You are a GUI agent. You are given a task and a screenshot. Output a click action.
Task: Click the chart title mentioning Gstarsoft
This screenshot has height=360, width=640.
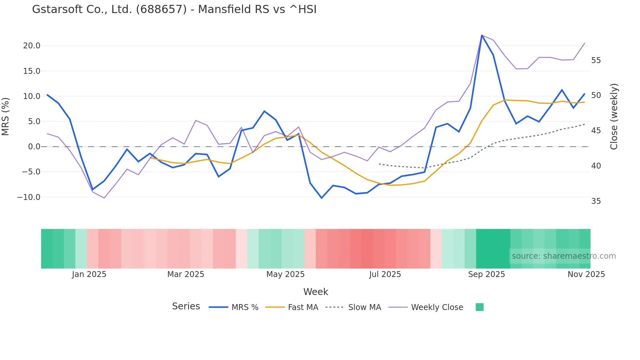click(x=174, y=9)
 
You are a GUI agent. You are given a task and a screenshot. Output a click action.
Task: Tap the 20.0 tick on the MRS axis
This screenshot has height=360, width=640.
click(x=32, y=46)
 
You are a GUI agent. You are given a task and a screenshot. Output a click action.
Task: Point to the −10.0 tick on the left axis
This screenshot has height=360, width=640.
click(x=29, y=197)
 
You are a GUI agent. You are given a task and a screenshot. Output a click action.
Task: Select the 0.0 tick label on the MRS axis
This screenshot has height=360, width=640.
click(x=34, y=147)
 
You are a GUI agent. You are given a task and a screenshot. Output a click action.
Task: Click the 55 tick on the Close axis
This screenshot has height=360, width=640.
click(x=596, y=60)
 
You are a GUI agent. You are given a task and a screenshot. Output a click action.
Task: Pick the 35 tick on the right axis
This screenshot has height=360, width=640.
click(x=596, y=201)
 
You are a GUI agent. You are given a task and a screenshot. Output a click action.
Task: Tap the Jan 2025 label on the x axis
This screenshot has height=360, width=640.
click(x=89, y=274)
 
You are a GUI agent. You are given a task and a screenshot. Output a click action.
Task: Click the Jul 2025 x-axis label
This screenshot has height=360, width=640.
click(x=385, y=274)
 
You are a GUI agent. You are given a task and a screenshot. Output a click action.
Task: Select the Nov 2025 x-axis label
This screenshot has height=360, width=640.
click(x=586, y=274)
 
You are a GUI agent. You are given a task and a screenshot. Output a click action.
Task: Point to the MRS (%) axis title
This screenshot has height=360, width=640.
click(x=6, y=116)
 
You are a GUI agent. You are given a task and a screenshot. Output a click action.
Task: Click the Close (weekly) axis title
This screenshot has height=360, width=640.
click(x=614, y=116)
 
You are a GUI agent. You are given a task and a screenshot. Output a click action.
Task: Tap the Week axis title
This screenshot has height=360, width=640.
click(x=316, y=292)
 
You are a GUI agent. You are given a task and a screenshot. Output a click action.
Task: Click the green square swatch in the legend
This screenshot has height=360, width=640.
click(x=479, y=307)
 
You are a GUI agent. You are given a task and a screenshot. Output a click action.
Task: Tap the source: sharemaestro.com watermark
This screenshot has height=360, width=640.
click(x=564, y=256)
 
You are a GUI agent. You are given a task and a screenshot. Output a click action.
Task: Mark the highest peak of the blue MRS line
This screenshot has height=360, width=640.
click(x=482, y=35)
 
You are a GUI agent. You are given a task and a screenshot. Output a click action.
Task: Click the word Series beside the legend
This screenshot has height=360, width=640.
click(x=186, y=306)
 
